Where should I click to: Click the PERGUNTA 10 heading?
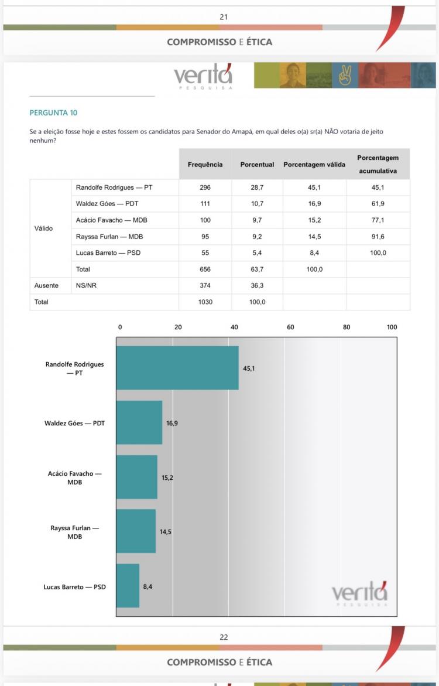53,112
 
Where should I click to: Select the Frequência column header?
205,165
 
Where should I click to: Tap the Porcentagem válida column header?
314,165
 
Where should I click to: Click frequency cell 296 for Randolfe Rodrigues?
205,187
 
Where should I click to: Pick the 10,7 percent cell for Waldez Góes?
257,204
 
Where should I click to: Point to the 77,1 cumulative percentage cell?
378,220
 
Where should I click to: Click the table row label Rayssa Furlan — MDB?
109,237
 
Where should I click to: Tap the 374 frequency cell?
205,285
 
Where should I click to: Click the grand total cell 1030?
205,302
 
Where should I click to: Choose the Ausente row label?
46,285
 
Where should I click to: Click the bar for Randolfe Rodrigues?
177,368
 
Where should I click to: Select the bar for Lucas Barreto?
128,586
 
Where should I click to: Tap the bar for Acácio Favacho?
137,477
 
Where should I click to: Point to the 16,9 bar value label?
172,423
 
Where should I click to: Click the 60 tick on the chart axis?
290,327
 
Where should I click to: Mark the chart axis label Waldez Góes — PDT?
74,423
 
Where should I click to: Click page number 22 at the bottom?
224,637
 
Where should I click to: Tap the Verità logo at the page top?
203,77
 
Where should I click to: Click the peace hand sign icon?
345,76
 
